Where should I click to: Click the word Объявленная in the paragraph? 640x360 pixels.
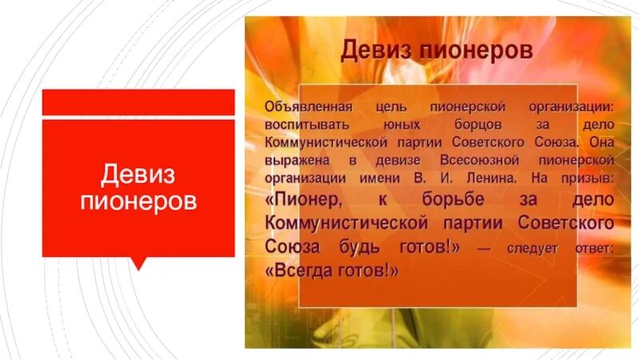pyautogui.click(x=304, y=107)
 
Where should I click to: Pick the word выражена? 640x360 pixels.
pyautogui.click(x=294, y=160)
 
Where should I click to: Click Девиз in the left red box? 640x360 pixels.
pyautogui.click(x=138, y=174)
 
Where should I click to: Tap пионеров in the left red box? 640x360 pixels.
pyautogui.click(x=138, y=200)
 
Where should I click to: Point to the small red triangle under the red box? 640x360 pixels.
pyautogui.click(x=138, y=263)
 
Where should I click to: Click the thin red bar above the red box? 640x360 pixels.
pyautogui.click(x=138, y=102)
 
